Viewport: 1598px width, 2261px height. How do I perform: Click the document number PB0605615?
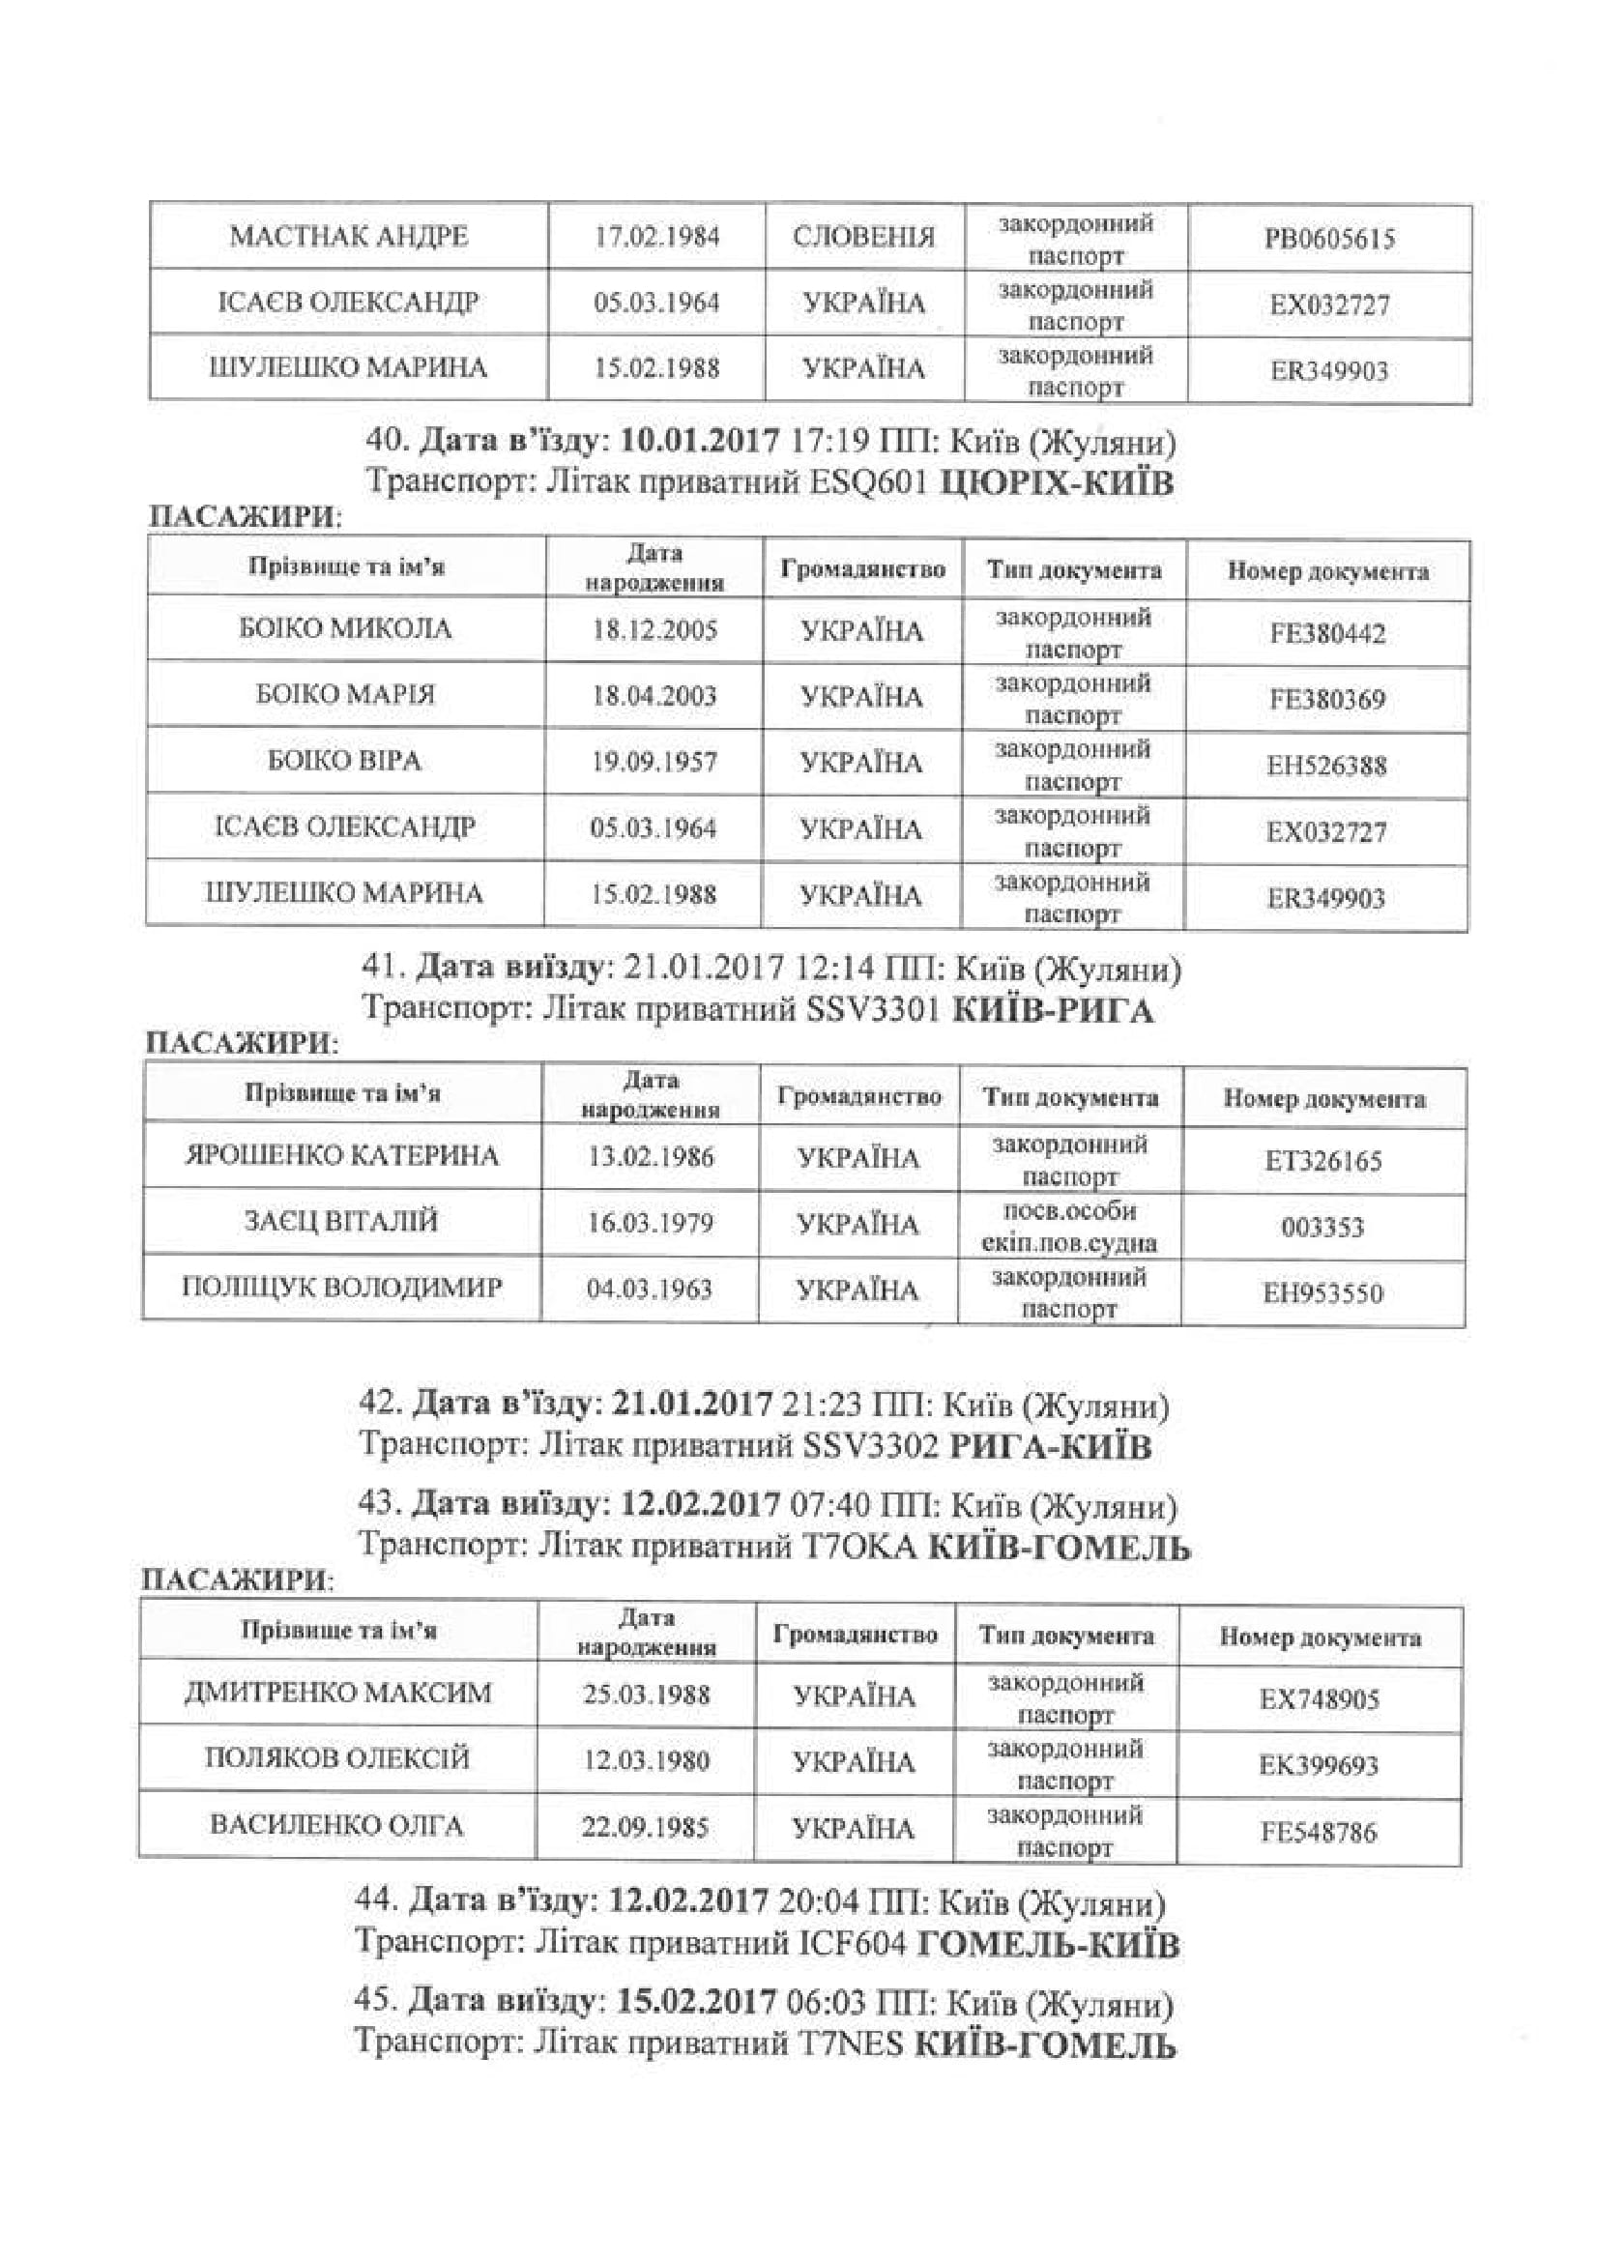tap(1329, 240)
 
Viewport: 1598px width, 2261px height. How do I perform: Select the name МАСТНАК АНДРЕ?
tap(349, 236)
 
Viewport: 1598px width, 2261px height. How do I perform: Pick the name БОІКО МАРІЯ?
tap(344, 694)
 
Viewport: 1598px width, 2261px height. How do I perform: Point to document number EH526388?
tap(1326, 766)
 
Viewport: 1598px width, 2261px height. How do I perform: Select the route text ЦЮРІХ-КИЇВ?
tap(1058, 483)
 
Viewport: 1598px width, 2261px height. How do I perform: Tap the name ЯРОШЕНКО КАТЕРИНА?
tap(341, 1155)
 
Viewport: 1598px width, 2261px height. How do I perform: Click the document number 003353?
tap(1322, 1227)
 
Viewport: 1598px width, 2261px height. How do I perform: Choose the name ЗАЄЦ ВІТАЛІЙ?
tap(340, 1221)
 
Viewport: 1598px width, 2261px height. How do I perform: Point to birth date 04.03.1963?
tap(649, 1290)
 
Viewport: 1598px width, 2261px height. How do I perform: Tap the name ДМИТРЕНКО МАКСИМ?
tap(337, 1693)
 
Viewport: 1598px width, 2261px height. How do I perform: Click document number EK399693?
tap(1319, 1764)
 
